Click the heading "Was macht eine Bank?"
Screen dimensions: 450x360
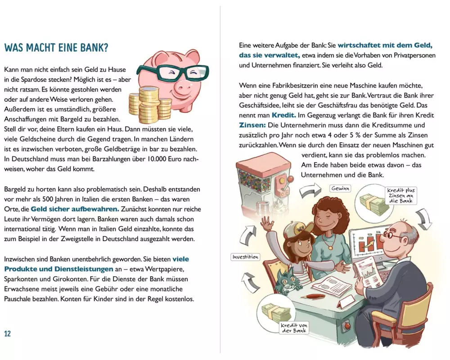point(56,48)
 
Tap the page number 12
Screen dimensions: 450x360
point(8,333)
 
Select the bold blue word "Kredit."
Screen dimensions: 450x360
point(284,115)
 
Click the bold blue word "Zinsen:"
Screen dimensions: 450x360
point(252,126)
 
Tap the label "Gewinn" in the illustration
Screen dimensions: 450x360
point(340,189)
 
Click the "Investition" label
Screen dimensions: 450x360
point(245,257)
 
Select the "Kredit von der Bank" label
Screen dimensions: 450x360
point(294,328)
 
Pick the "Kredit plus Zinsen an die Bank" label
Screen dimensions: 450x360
point(401,195)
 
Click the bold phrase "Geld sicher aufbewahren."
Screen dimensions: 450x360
point(75,209)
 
